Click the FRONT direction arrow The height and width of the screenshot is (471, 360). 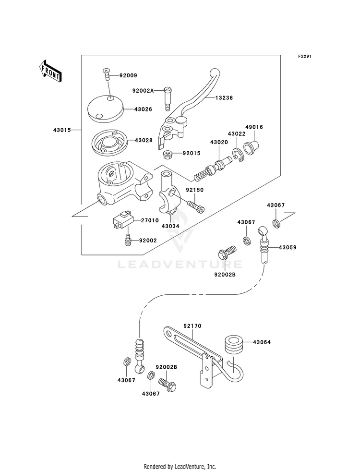coord(50,71)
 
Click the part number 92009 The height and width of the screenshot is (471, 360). coord(128,76)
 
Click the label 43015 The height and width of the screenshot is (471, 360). coord(62,130)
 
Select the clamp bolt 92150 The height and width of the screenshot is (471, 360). coord(195,206)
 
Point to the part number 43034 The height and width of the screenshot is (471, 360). coord(170,226)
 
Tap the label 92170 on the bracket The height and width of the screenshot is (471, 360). coord(192,326)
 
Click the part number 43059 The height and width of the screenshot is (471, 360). coord(288,248)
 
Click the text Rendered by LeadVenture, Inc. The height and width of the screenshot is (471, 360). coord(180,467)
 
